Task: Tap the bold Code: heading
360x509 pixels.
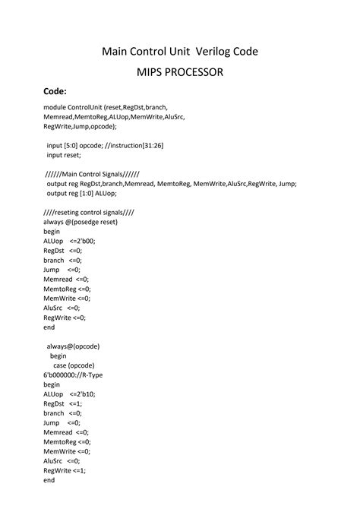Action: pyautogui.click(x=57, y=92)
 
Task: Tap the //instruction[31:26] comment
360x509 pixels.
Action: pyautogui.click(x=148, y=145)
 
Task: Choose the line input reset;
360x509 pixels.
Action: pyautogui.click(x=64, y=154)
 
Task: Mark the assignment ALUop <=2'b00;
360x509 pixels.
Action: pyautogui.click(x=70, y=241)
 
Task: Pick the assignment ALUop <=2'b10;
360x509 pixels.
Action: pyautogui.click(x=70, y=394)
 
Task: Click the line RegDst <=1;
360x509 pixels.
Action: pyautogui.click(x=63, y=403)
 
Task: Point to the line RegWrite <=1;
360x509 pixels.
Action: pyautogui.click(x=65, y=470)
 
